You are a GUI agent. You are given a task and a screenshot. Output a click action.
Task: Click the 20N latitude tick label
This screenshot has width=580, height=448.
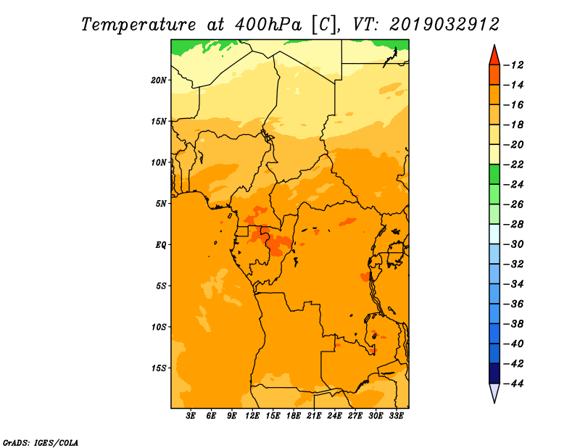pyautogui.click(x=159, y=80)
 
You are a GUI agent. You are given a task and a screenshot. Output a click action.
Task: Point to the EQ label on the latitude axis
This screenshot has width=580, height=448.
pyautogui.click(x=160, y=245)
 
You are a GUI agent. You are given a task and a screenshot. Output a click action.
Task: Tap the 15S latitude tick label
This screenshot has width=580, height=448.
pyautogui.click(x=159, y=368)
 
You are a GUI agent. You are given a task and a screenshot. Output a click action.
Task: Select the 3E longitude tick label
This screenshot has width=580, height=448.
pyautogui.click(x=191, y=416)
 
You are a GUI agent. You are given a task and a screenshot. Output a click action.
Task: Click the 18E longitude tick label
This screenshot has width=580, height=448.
pyautogui.click(x=294, y=416)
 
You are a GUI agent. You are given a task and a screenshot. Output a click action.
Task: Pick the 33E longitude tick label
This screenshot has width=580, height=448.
pyautogui.click(x=396, y=416)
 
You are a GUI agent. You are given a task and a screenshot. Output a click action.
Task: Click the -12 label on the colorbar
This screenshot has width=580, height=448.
pyautogui.click(x=513, y=65)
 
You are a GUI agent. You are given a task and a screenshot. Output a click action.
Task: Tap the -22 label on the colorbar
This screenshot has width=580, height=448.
pyautogui.click(x=513, y=165)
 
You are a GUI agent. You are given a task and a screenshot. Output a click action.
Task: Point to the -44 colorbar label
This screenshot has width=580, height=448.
pyautogui.click(x=513, y=383)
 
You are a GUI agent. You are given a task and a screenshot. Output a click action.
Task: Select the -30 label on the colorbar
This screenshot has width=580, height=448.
pyautogui.click(x=513, y=244)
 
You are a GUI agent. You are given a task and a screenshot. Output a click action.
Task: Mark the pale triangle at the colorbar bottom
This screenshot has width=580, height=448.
pyautogui.click(x=494, y=392)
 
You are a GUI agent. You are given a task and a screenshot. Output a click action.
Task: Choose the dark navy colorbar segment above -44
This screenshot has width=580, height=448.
pyautogui.click(x=494, y=373)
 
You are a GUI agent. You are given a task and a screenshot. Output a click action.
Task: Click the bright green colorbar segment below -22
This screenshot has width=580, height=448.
pyautogui.click(x=494, y=174)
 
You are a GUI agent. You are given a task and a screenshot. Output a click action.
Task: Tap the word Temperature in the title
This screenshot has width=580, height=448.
pyautogui.click(x=138, y=25)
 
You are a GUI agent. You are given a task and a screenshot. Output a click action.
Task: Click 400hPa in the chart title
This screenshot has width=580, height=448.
pyautogui.click(x=268, y=25)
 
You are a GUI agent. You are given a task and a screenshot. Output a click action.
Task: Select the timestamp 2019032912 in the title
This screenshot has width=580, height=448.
pyautogui.click(x=444, y=25)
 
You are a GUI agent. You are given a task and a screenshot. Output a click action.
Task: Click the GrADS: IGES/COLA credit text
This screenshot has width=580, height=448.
pyautogui.click(x=41, y=443)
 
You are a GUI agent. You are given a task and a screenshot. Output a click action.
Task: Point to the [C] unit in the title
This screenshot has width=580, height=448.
pyautogui.click(x=324, y=25)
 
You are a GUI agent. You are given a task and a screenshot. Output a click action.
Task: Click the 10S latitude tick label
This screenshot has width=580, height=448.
pyautogui.click(x=159, y=327)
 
